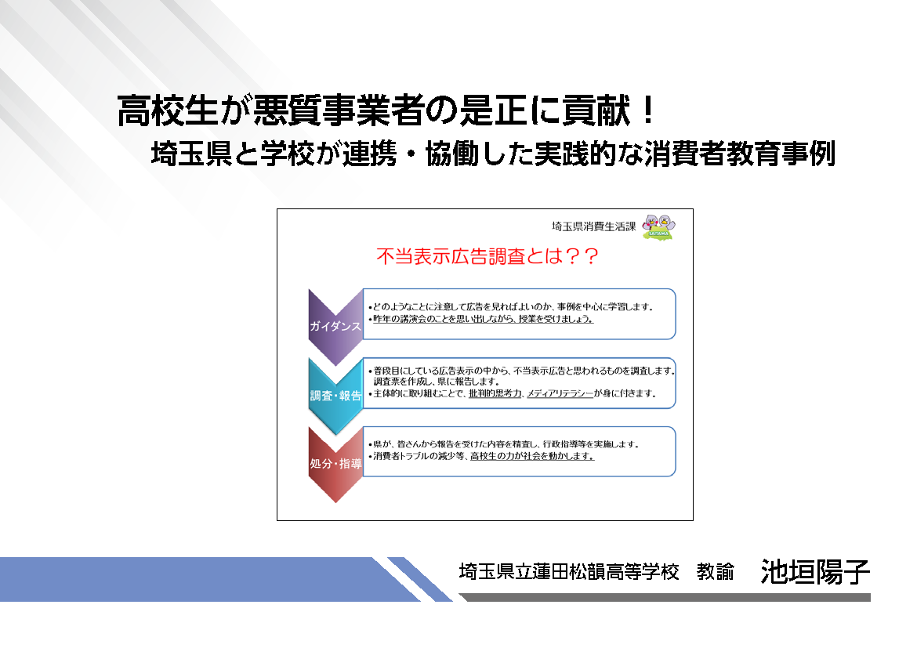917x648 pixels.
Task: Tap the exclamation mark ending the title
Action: pos(647,110)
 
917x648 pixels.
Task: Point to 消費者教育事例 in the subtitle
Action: pos(740,154)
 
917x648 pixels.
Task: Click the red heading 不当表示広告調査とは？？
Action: pos(487,256)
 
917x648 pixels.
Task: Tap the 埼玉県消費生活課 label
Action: pos(593,226)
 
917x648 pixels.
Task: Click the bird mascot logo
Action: pos(659,226)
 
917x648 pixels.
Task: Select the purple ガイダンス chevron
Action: pos(335,326)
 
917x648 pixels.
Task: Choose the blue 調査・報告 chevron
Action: pos(335,396)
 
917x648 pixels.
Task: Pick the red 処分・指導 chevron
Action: pos(335,464)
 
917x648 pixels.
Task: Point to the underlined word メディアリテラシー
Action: pos(560,393)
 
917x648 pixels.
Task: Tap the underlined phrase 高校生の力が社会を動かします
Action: pos(532,456)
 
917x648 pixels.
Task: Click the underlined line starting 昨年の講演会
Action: pos(483,320)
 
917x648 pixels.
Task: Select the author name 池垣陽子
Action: pos(815,571)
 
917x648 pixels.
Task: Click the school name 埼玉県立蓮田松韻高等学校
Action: pos(569,571)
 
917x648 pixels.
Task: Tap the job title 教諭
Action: pos(716,571)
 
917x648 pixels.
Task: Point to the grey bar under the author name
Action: pos(665,597)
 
